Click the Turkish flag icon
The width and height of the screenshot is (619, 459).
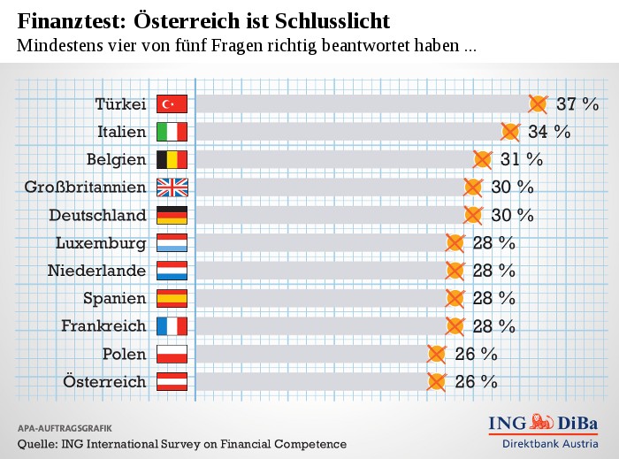coord(172,104)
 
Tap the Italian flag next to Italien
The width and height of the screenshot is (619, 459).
coord(172,133)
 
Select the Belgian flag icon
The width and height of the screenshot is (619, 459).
coord(172,160)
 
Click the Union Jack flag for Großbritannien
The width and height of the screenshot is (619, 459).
coord(172,187)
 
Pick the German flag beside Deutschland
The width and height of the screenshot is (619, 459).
coord(172,215)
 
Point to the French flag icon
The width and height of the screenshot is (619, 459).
coord(172,326)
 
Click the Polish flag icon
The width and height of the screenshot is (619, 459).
coord(172,354)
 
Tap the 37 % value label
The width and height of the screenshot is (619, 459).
coord(578,104)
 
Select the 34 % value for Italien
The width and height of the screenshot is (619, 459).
coord(549,133)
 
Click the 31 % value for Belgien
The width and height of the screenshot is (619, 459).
coord(522,160)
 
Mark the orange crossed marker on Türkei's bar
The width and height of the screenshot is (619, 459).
coord(538,104)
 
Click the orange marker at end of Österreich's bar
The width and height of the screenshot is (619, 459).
coord(436,382)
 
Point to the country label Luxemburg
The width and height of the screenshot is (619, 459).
coord(100,243)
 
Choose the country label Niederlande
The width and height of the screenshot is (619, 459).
coord(96,271)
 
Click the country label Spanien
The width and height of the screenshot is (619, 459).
coord(114,298)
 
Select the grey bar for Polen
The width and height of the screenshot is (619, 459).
coord(309,354)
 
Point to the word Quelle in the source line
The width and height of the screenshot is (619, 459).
coord(37,444)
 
